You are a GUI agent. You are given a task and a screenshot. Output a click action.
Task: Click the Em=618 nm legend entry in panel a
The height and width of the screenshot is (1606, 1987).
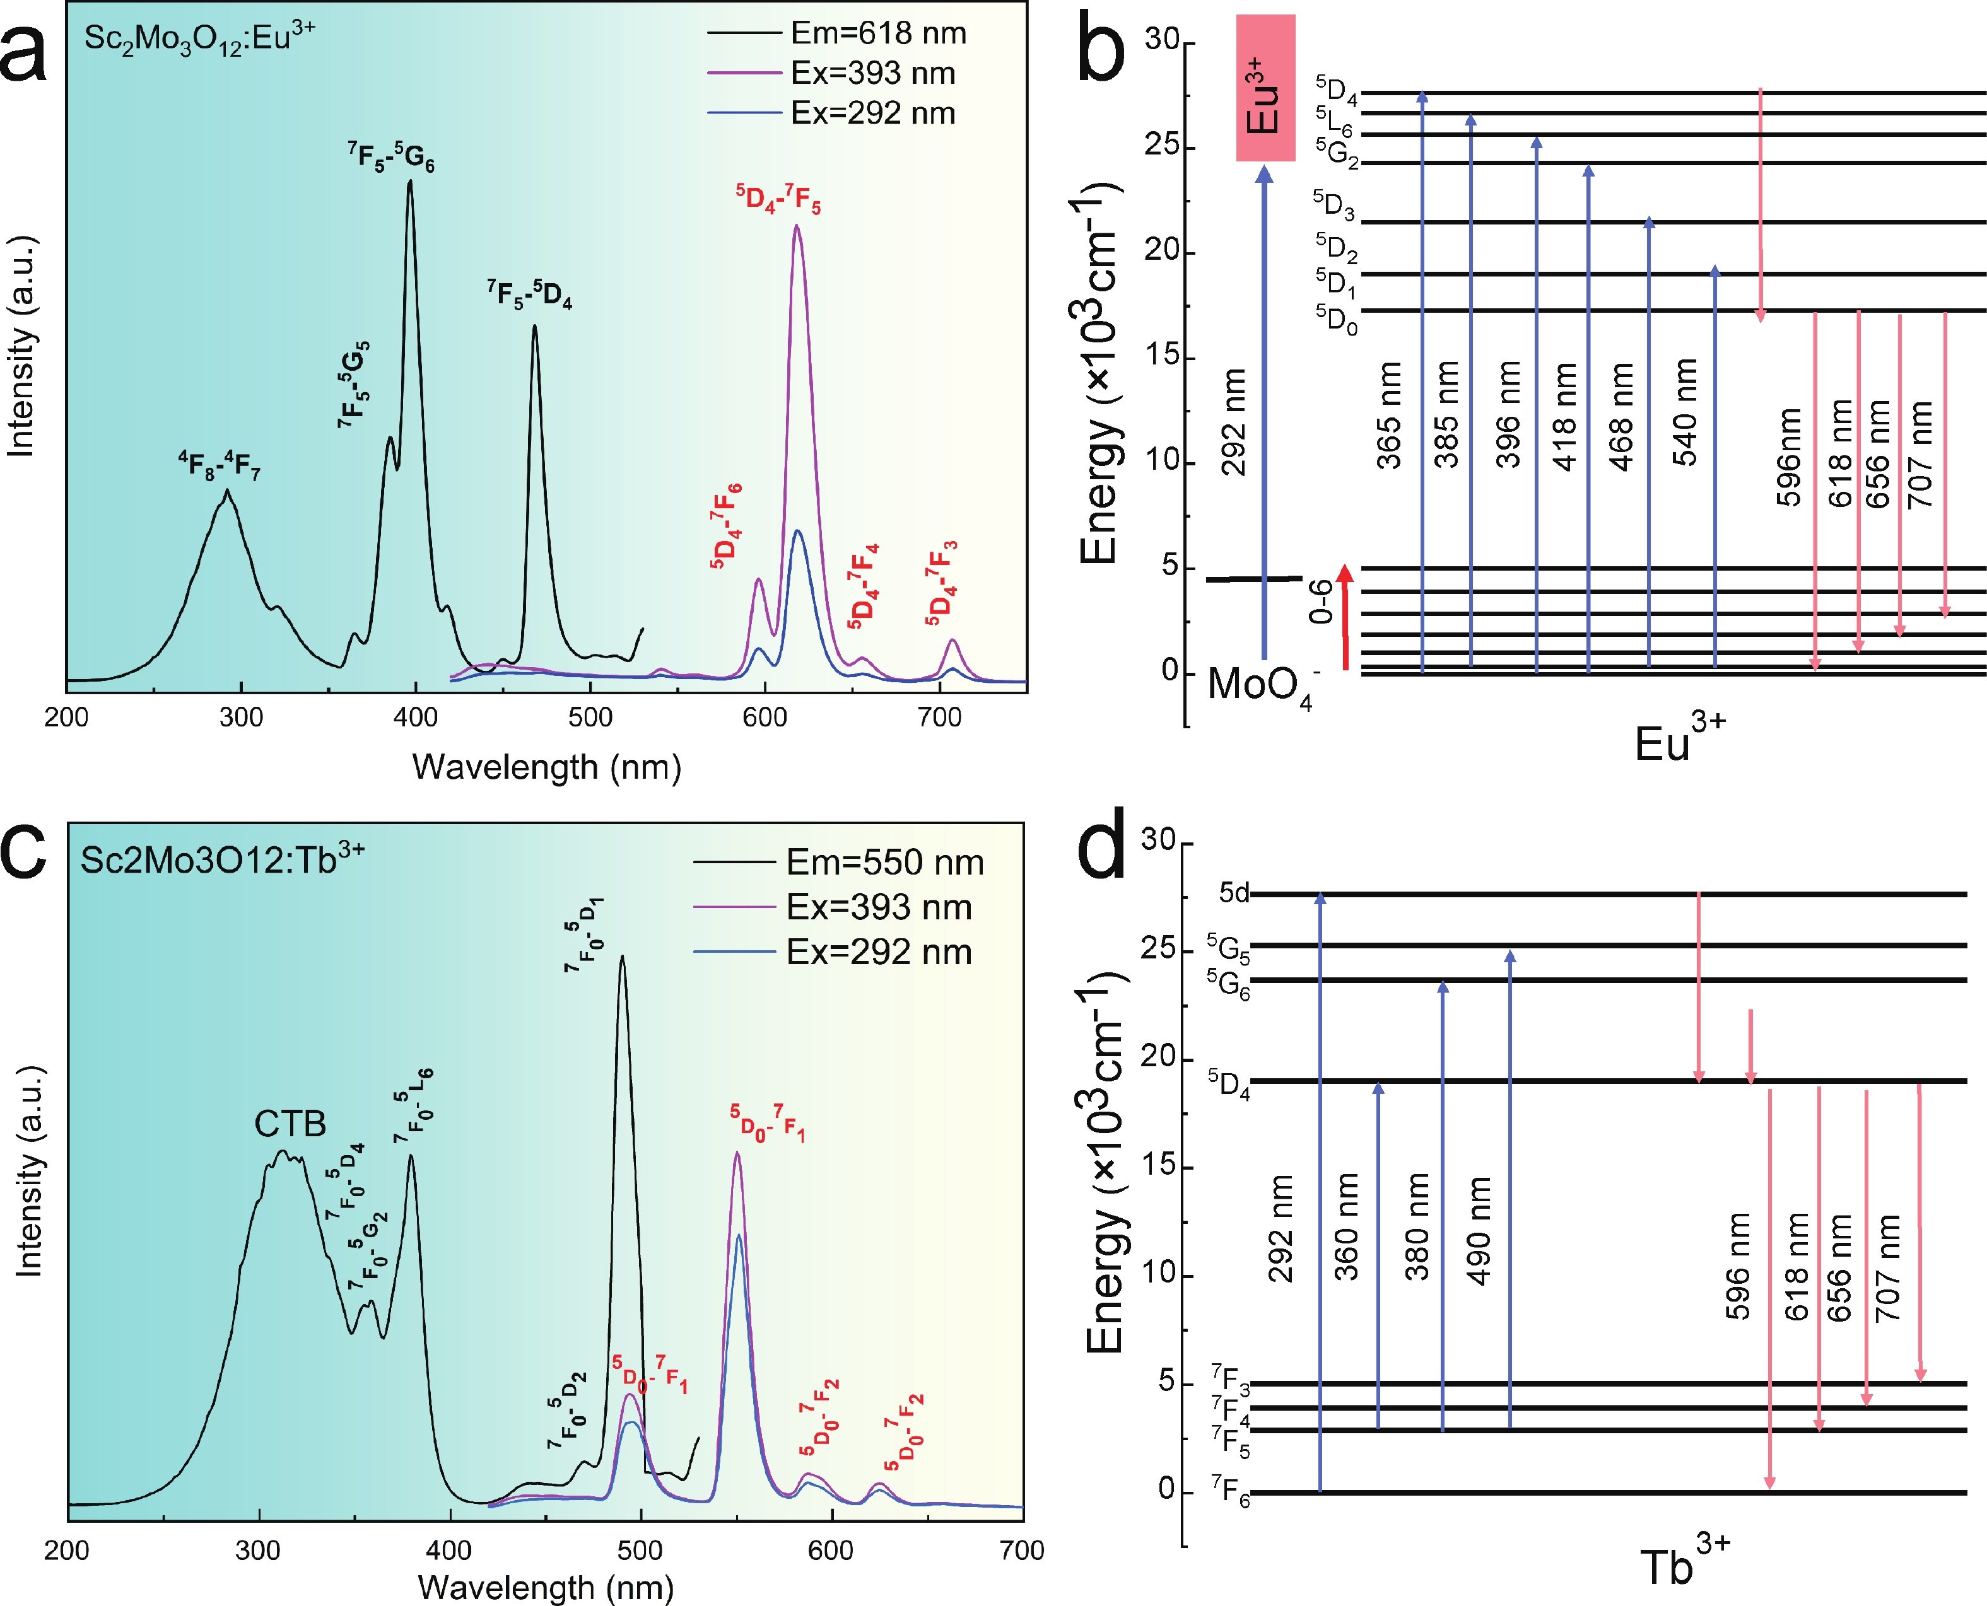tap(877, 33)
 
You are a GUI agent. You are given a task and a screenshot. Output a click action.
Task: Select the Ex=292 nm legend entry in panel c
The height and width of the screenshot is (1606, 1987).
tap(878, 952)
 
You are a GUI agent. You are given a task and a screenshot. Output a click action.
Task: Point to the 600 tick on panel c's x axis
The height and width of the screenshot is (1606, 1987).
tap(830, 1551)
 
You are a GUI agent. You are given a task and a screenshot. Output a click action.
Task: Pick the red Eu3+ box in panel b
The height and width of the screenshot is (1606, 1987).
tap(1265, 88)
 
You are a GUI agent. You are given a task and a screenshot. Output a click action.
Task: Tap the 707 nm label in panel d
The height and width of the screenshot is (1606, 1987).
tap(1888, 1268)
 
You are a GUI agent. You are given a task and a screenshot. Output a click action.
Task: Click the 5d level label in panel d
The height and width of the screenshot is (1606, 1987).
tap(1234, 893)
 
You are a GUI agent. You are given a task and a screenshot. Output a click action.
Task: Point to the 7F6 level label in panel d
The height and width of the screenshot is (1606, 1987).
tap(1230, 1493)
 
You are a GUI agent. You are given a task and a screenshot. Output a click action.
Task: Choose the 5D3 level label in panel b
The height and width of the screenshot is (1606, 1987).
tap(1333, 206)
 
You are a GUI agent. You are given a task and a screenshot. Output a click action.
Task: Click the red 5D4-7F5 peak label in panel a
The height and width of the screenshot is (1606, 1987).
tap(778, 199)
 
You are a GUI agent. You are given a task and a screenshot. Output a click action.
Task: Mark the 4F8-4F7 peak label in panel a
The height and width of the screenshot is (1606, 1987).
tap(220, 465)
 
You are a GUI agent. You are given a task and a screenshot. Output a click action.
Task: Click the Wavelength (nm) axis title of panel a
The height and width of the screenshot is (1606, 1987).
tap(546, 767)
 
